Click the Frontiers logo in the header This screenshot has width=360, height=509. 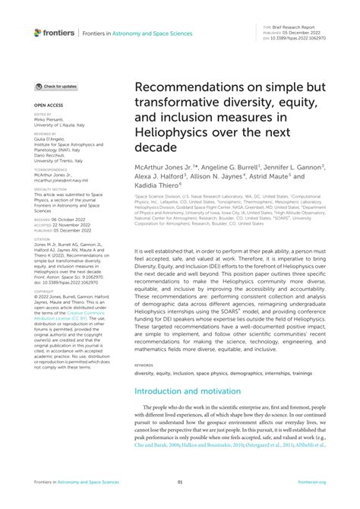[54, 33]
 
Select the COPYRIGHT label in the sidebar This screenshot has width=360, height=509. [45, 289]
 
